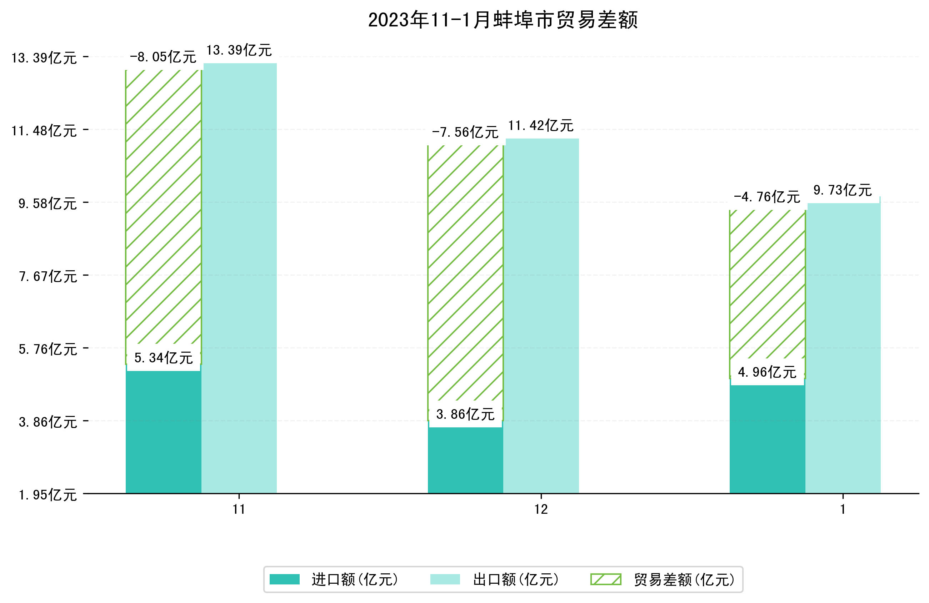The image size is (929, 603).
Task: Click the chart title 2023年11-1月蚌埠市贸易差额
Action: click(503, 20)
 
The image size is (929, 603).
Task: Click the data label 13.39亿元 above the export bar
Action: click(239, 50)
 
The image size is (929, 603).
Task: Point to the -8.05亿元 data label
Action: click(163, 57)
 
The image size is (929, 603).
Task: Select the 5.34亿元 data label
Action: click(164, 357)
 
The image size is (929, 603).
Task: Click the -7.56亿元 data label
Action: click(465, 132)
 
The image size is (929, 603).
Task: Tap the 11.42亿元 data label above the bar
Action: click(541, 126)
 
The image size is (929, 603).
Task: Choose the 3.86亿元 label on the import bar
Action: click(465, 414)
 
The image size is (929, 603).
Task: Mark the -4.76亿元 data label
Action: click(766, 197)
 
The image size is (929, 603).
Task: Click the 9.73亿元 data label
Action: click(843, 190)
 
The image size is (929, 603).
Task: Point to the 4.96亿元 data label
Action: click(767, 372)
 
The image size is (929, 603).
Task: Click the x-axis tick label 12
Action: click(541, 509)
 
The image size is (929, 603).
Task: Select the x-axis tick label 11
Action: click(239, 509)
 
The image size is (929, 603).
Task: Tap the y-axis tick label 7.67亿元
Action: click(48, 276)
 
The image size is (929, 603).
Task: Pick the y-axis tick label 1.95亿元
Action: click(48, 495)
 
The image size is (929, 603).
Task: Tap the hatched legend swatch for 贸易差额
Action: click(606, 579)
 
